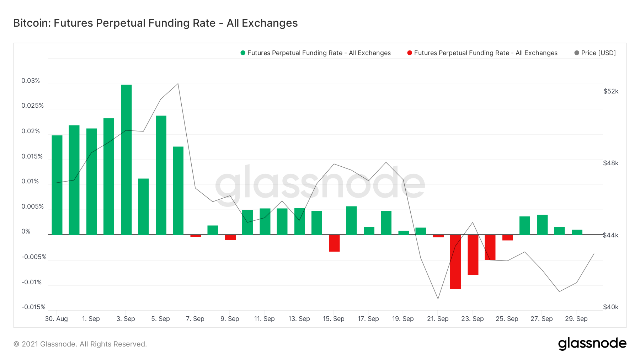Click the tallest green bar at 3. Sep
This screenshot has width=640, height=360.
pos(126,160)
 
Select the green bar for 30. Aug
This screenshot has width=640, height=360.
pos(57,185)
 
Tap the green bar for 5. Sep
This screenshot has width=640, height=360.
pos(161,175)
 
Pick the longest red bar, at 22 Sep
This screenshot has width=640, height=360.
pos(455,262)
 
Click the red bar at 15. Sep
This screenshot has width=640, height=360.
pos(334,243)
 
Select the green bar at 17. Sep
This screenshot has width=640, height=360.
pos(369,231)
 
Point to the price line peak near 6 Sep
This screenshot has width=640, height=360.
pos(178,84)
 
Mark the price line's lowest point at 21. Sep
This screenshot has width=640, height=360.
pos(438,299)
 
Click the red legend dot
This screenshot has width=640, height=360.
pos(410,53)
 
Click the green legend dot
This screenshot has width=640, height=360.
pos(243,53)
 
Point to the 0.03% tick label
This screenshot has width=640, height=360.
pos(31,81)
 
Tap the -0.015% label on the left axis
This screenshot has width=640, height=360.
pos(33,307)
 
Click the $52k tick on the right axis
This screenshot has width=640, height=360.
pos(610,91)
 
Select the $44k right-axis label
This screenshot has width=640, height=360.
pos(610,235)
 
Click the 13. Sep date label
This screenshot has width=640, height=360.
pos(299,319)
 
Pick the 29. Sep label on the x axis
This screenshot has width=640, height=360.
pos(576,319)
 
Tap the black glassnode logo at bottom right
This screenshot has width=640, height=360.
pos(592,344)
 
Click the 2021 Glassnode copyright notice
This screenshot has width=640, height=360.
pos(80,344)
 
